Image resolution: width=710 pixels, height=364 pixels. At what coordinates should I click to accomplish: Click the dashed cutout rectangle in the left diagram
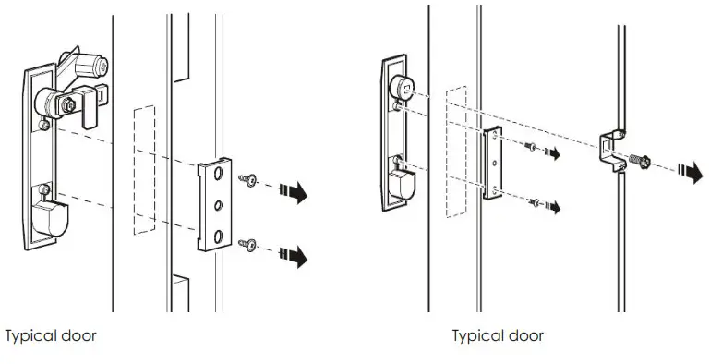144,171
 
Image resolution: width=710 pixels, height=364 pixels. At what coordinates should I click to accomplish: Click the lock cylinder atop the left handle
93,66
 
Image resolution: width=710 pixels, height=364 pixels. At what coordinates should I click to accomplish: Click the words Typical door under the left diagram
51,335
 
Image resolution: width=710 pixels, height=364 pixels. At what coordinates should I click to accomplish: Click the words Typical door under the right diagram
498,335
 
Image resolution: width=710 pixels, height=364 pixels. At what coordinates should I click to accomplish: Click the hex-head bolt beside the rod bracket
639,160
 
